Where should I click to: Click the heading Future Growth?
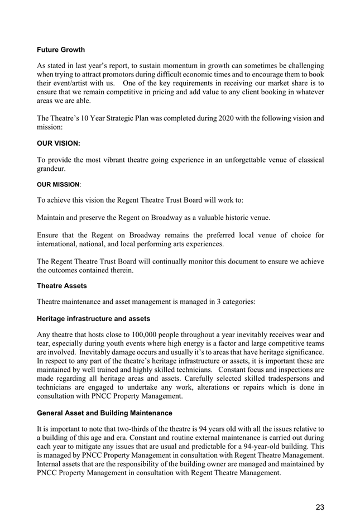pos(61,50)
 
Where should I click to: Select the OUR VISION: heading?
pos(59,143)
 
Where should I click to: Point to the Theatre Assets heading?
pos(62,286)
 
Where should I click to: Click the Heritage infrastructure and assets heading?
pos(93,319)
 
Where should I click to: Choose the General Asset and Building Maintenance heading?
pos(104,413)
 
